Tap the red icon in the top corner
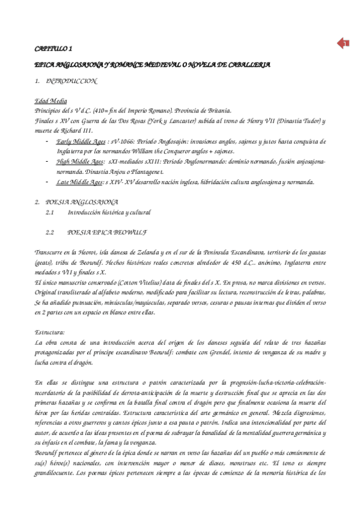(x=343, y=43)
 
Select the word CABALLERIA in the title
(x=247, y=63)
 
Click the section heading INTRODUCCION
(x=71, y=80)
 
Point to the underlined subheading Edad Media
(x=50, y=100)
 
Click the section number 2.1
(x=50, y=212)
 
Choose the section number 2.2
(x=50, y=231)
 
